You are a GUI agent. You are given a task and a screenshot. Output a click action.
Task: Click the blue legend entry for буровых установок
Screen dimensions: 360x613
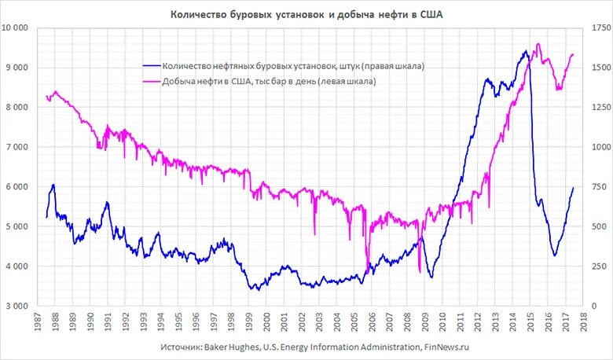point(292,67)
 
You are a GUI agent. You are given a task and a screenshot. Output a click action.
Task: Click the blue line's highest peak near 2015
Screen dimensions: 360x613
point(525,51)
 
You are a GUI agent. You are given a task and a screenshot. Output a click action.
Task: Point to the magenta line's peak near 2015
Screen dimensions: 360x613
point(538,44)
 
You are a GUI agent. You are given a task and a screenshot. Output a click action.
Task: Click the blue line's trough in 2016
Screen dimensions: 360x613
point(555,255)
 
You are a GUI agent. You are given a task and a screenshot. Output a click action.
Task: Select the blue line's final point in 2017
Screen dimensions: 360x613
point(574,187)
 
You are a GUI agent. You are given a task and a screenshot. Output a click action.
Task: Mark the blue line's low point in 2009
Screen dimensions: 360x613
point(431,277)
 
